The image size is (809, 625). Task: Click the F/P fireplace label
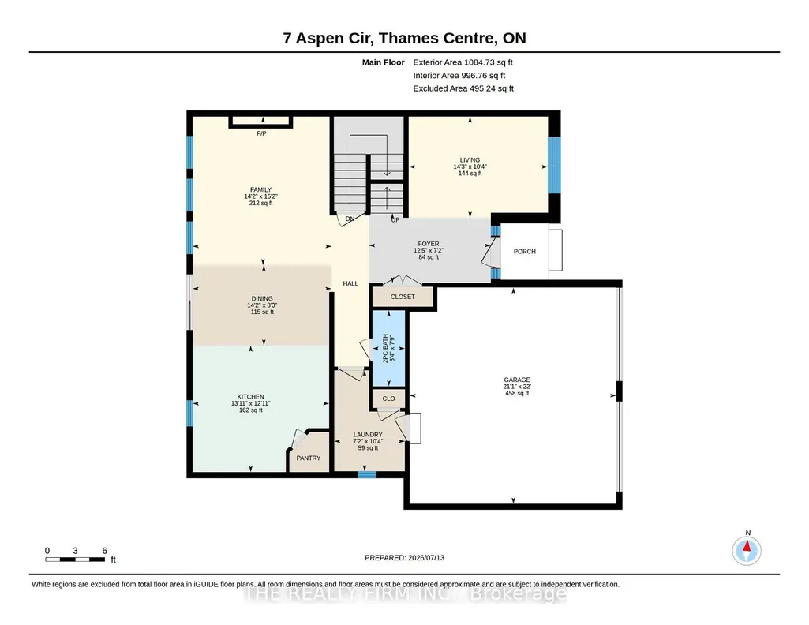(x=261, y=133)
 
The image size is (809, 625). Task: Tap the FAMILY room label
(x=260, y=189)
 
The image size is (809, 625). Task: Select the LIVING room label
(x=470, y=160)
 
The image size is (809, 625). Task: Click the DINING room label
(x=262, y=298)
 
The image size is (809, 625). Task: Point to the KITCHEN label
(x=251, y=397)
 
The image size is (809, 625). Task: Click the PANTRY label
(x=309, y=458)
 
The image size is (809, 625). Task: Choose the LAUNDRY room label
(x=368, y=435)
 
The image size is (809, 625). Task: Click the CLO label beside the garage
(x=389, y=399)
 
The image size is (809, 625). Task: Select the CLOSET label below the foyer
(x=403, y=297)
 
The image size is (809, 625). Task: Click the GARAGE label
(x=517, y=380)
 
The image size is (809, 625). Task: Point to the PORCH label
(x=525, y=252)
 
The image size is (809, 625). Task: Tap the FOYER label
(x=429, y=244)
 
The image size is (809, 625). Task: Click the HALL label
(x=350, y=283)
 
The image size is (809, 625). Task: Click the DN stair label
(x=350, y=219)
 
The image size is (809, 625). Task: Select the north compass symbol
(x=747, y=550)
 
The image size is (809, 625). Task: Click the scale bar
(x=75, y=559)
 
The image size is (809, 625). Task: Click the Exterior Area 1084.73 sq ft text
(x=463, y=62)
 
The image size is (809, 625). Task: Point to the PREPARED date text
(x=404, y=557)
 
